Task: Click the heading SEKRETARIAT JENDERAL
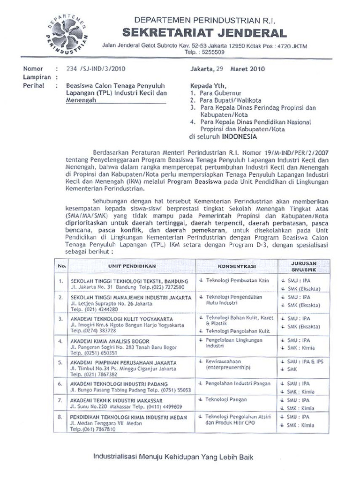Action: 204,33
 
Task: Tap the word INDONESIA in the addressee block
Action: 239,137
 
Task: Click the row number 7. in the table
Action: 60,401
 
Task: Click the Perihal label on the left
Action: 33,86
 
